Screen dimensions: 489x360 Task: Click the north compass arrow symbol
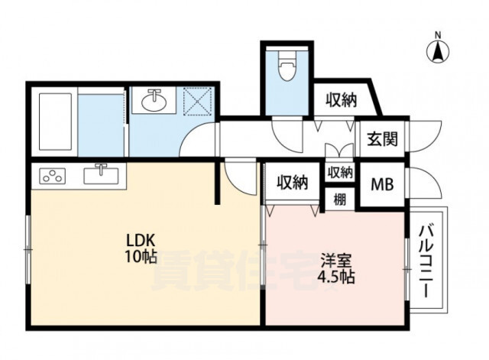click(x=438, y=51)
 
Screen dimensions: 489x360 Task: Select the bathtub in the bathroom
click(x=55, y=122)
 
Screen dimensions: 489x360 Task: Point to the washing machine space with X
click(x=197, y=101)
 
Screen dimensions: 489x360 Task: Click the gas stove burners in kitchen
click(x=53, y=175)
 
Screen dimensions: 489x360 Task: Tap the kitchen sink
click(x=101, y=175)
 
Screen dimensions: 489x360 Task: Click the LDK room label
click(x=141, y=240)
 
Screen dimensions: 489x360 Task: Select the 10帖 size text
click(x=141, y=256)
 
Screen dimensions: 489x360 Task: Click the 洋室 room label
click(x=336, y=261)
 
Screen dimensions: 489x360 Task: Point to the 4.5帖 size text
click(x=336, y=277)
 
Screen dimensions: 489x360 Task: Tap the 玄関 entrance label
click(x=382, y=139)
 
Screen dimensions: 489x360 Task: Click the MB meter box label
click(x=382, y=184)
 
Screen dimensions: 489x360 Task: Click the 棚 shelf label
click(x=339, y=199)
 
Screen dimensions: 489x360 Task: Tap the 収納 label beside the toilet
click(x=342, y=100)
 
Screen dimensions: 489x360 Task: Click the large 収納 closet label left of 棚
click(x=293, y=183)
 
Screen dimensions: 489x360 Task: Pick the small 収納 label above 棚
click(x=340, y=172)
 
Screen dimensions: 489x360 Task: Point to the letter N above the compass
click(x=438, y=35)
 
